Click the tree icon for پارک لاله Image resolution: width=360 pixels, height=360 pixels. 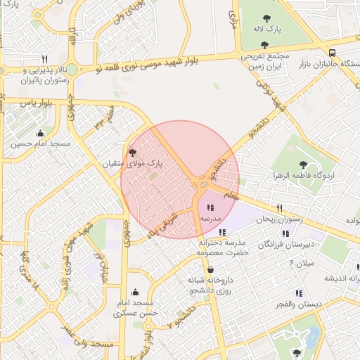pyautogui.click(x=266, y=19)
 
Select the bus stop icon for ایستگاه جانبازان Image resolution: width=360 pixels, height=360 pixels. pyautogui.click(x=332, y=52)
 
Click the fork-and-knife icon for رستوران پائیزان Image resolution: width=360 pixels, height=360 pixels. pyautogui.click(x=45, y=59)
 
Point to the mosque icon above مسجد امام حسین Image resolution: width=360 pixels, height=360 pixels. pyautogui.click(x=40, y=133)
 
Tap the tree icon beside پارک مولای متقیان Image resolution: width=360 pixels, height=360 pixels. pyautogui.click(x=132, y=152)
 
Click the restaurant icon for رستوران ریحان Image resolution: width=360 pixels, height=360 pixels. pyautogui.click(x=279, y=208)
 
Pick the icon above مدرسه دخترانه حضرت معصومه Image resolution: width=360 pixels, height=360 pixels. pyautogui.click(x=222, y=232)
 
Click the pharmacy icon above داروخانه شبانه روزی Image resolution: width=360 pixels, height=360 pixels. pyautogui.click(x=210, y=269)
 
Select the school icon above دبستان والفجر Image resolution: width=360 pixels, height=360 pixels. pyautogui.click(x=300, y=293)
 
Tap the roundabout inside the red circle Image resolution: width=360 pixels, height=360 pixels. pyautogui.click(x=203, y=184)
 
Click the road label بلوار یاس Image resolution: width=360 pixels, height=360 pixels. pyautogui.click(x=25, y=103)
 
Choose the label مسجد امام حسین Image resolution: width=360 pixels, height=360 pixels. pyautogui.click(x=40, y=144)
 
